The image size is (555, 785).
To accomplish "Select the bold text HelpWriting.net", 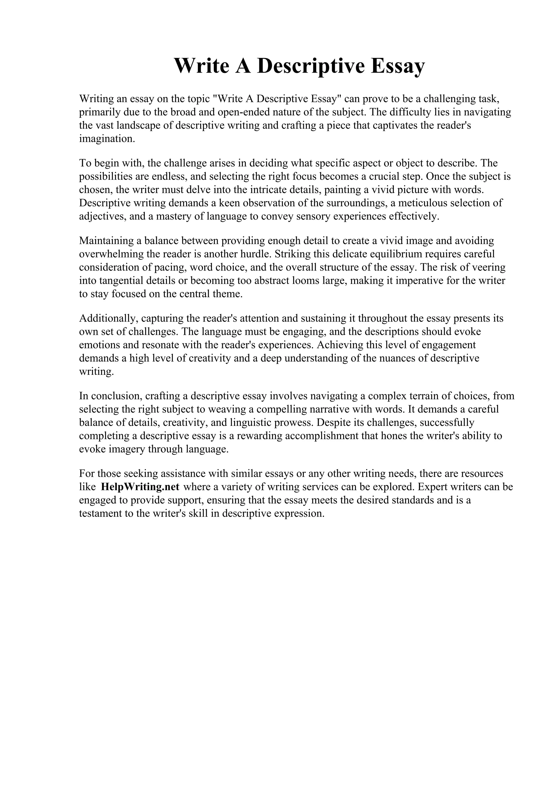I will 140,487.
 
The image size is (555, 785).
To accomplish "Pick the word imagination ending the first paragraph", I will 107,139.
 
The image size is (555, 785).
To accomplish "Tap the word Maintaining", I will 106,241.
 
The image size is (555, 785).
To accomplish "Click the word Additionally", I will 108,318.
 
